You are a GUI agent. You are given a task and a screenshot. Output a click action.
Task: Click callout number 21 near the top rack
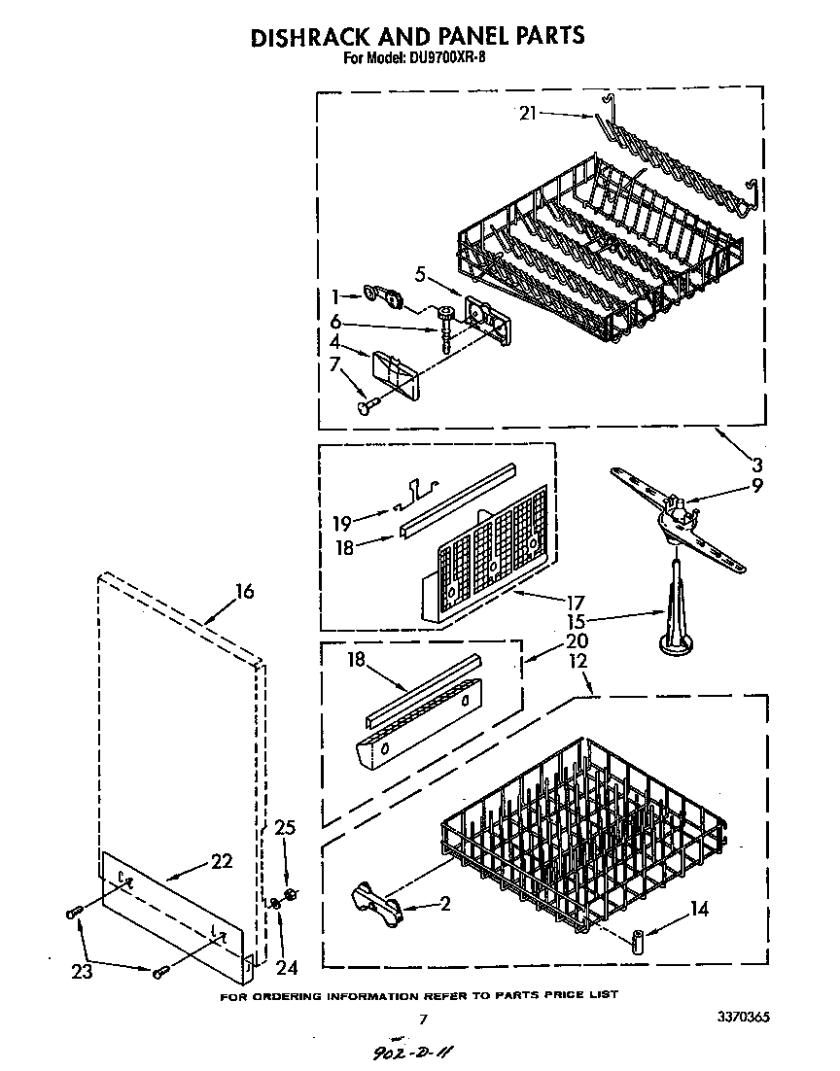click(x=528, y=113)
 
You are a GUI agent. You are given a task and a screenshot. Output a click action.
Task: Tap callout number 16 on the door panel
click(x=245, y=591)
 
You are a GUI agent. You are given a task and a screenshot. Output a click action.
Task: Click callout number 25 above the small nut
click(x=284, y=827)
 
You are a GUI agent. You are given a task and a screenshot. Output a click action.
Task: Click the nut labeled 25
click(x=290, y=894)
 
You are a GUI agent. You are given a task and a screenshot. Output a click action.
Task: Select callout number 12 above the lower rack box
click(x=579, y=661)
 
